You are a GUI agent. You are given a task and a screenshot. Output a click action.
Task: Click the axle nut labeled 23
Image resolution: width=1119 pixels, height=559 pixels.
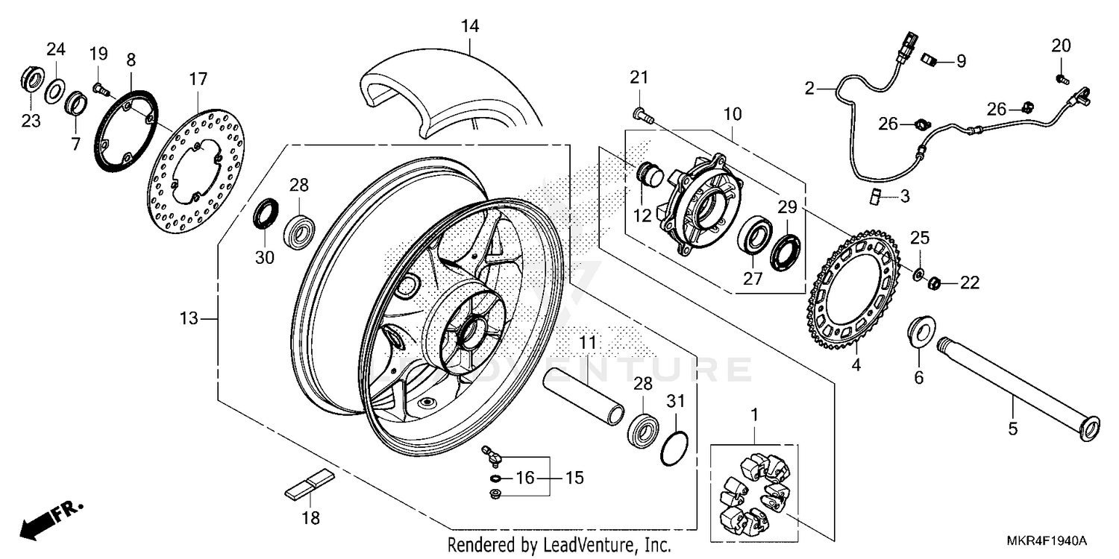pyautogui.click(x=30, y=79)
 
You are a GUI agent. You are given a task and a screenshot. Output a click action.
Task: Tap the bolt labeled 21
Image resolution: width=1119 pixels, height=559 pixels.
pyautogui.click(x=642, y=114)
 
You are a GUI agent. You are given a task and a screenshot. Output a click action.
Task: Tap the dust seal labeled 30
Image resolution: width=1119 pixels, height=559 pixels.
pyautogui.click(x=265, y=216)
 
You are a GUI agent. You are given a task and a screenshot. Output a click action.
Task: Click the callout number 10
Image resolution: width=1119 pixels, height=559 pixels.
pyautogui.click(x=732, y=114)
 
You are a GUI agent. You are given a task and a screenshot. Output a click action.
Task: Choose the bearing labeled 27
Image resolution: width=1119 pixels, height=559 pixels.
pyautogui.click(x=755, y=240)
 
